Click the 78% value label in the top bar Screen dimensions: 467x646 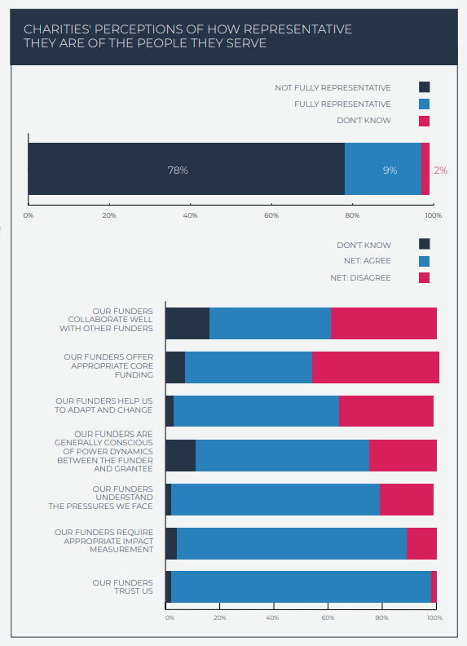pos(178,170)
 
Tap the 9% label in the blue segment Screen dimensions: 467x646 pos(390,170)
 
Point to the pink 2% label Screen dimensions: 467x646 pos(441,170)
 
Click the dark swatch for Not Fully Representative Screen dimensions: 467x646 pos(424,87)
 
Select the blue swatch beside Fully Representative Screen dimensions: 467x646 pos(424,104)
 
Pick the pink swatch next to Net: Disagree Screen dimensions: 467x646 pos(424,277)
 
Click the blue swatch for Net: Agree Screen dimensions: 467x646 pos(424,261)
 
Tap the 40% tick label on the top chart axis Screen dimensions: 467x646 pos(190,215)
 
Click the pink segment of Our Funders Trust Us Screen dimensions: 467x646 pos(434,586)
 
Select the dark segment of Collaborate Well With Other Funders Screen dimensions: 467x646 pos(187,324)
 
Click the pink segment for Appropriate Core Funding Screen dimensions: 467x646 pos(376,368)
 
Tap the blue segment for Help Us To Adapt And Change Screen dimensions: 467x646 pos(256,411)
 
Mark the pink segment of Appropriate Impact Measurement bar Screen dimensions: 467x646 pos(421,543)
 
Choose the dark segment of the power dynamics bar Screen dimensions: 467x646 pos(180,455)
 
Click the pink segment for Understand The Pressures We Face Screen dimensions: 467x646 pos(407,499)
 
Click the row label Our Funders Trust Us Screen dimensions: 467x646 pos(123,586)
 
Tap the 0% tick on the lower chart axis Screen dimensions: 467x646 pos(170,617)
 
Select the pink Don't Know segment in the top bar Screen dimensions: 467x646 pos(425,169)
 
